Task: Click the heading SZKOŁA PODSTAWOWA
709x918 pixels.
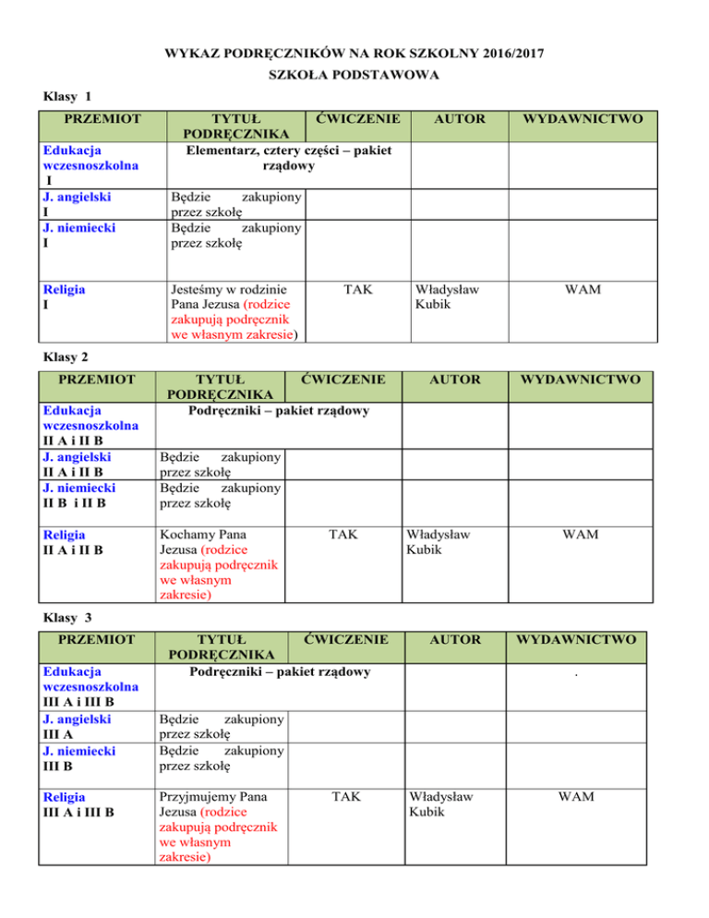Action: pos(354,74)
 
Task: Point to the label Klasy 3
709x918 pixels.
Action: pos(69,616)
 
